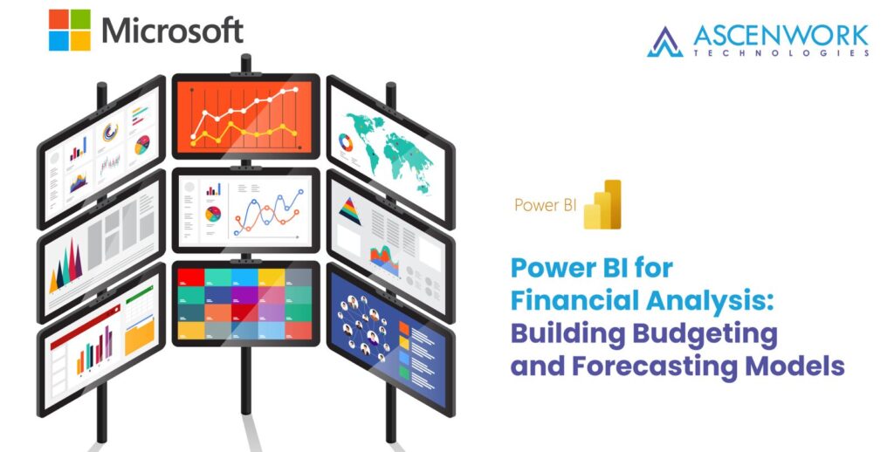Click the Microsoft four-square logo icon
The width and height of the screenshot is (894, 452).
[x=70, y=30]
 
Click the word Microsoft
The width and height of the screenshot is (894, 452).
[x=172, y=31]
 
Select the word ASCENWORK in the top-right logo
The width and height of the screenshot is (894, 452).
[x=781, y=35]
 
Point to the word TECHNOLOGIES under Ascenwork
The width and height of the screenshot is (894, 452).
[x=781, y=53]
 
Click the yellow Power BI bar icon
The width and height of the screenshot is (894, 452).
[x=602, y=205]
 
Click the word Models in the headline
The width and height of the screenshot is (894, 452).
[x=795, y=366]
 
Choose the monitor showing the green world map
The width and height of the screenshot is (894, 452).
[x=388, y=144]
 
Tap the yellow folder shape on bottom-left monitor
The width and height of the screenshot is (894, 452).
[x=139, y=337]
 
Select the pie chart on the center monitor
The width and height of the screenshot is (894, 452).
[x=212, y=214]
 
